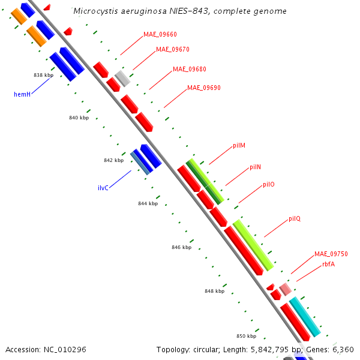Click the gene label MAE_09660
[x=160, y=34]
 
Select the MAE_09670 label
[x=173, y=49]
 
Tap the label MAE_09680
[x=190, y=69]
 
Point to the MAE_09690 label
[x=204, y=88]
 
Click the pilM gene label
[x=239, y=146]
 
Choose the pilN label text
[x=255, y=167]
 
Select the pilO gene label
[x=269, y=184]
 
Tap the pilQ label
[x=294, y=218]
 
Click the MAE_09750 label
[x=331, y=254]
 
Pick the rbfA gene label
[x=328, y=264]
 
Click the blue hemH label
[x=22, y=94]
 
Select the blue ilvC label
[x=103, y=188]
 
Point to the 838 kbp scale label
[x=43, y=75]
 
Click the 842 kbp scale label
[x=113, y=160]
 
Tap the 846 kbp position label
[x=181, y=247]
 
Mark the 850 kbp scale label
[x=246, y=336]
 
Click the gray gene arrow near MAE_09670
[x=122, y=78]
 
